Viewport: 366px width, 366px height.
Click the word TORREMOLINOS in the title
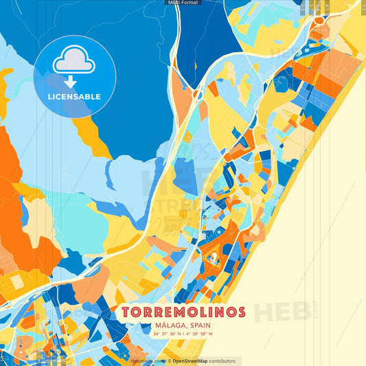(x=183, y=312)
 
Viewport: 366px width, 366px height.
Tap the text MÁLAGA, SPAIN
(x=183, y=325)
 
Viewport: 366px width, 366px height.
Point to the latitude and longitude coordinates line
(x=183, y=334)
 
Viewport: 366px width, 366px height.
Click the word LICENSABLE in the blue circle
(x=74, y=97)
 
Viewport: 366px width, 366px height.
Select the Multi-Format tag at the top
(x=183, y=3)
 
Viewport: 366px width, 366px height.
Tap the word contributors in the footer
(x=222, y=361)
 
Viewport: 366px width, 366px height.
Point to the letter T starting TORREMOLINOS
(x=126, y=312)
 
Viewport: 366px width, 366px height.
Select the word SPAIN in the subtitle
(x=198, y=325)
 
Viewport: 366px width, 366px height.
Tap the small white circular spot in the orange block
(x=214, y=256)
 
